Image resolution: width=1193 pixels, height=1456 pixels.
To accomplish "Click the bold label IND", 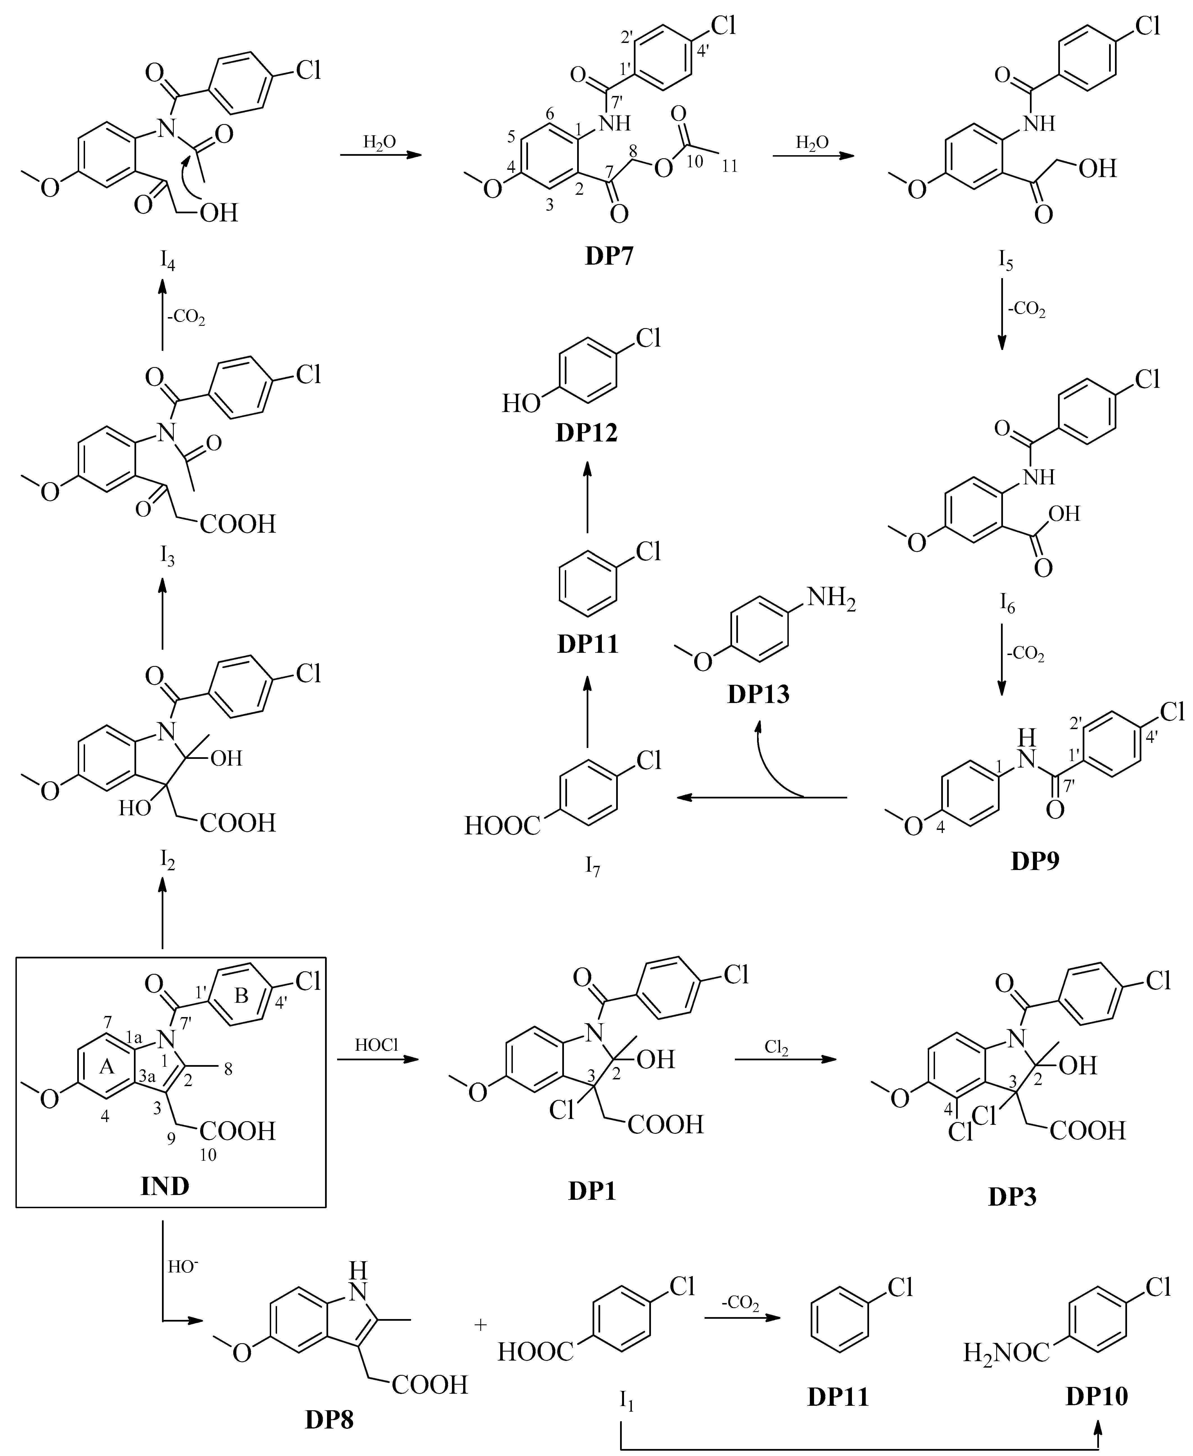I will [165, 1186].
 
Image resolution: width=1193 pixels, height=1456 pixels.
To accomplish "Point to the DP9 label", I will [1035, 861].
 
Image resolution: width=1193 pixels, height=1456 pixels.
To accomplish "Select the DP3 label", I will [1012, 1198].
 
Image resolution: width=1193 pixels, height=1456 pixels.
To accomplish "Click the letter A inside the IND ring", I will [106, 1067].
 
